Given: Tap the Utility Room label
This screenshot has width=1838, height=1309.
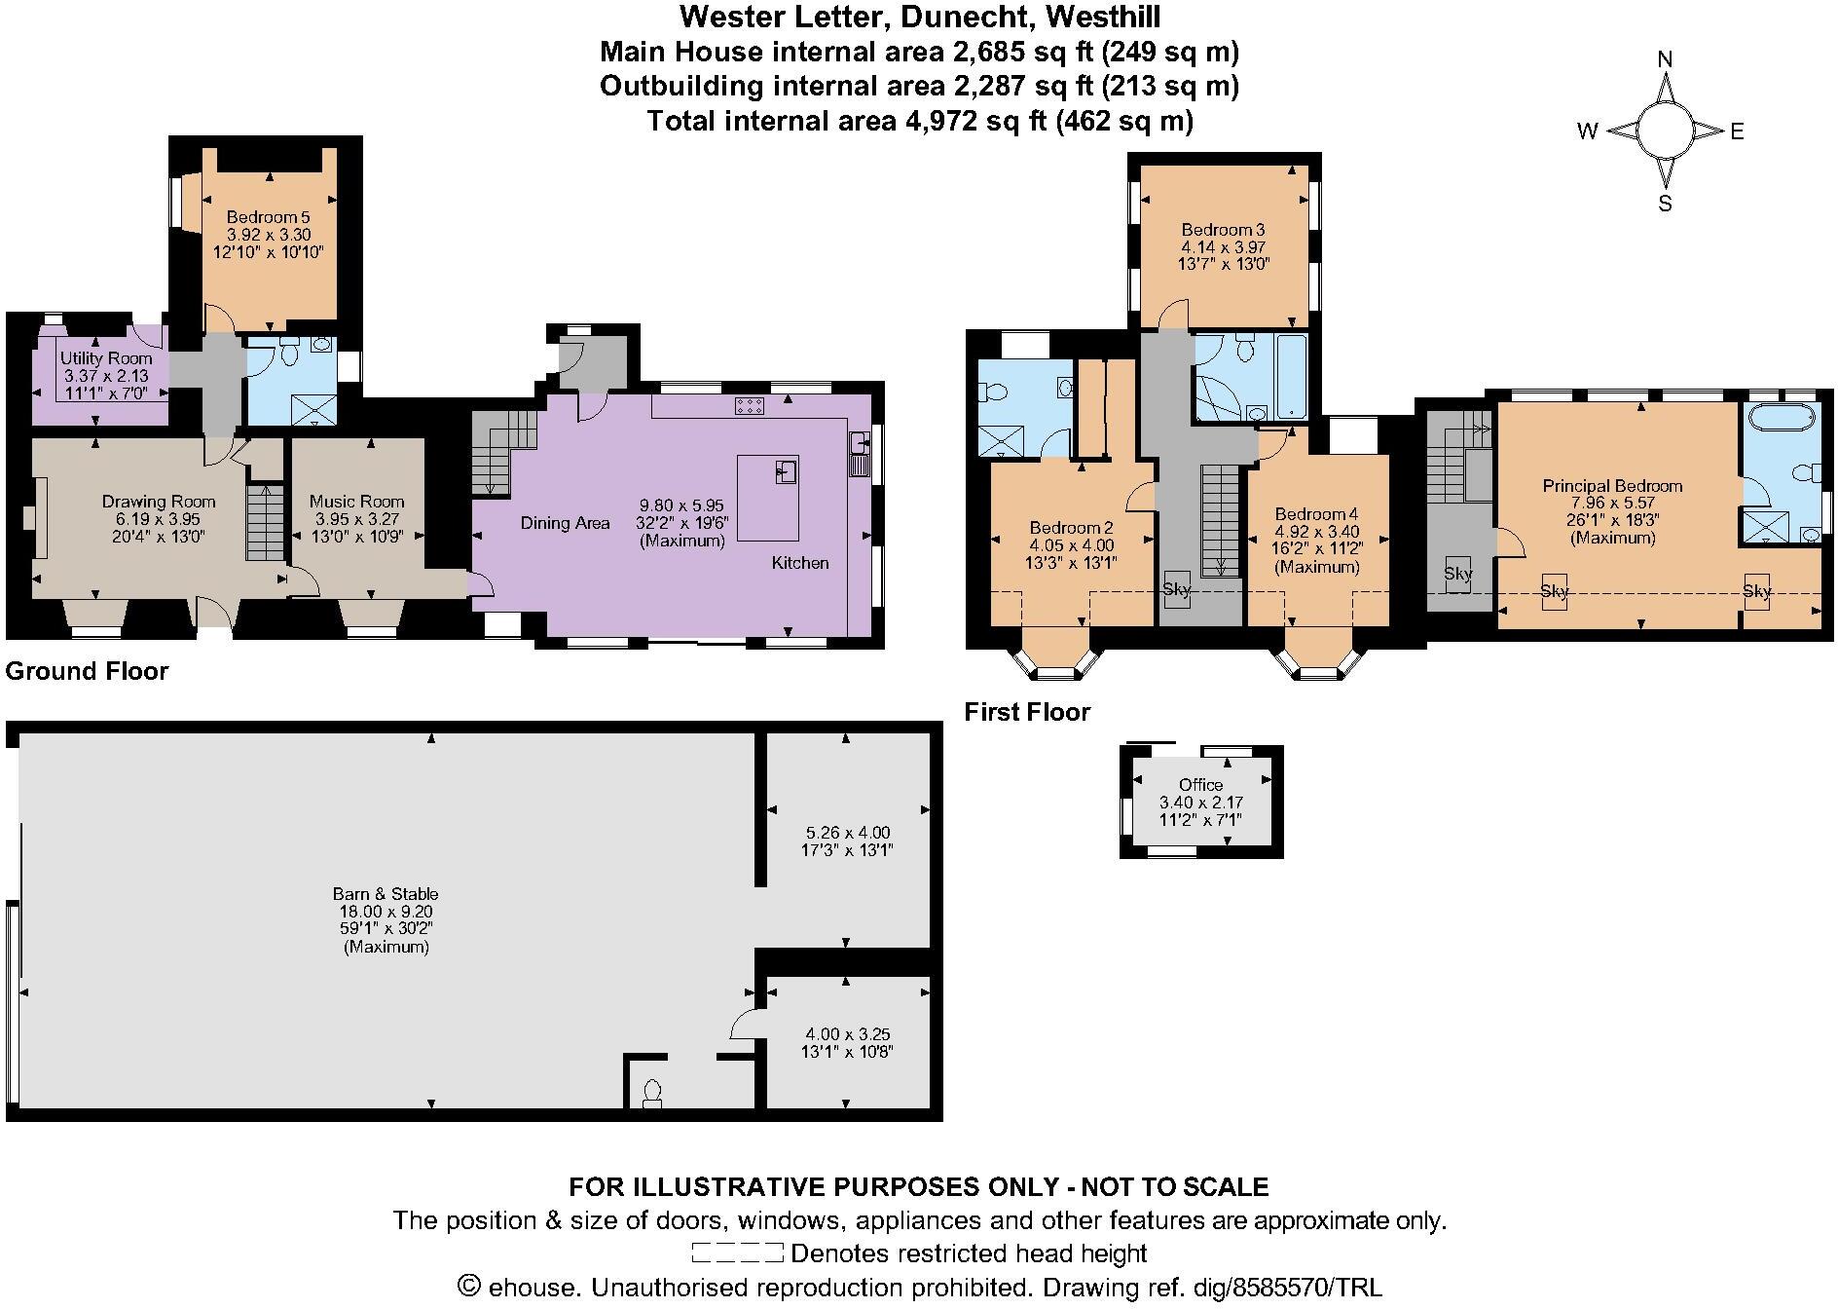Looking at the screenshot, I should click(106, 358).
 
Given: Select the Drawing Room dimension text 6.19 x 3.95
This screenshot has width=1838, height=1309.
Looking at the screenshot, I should click(159, 519).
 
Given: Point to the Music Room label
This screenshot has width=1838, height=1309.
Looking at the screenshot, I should click(356, 502).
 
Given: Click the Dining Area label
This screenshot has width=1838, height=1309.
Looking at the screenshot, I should click(565, 523).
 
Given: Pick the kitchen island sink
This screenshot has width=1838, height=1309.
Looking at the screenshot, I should click(786, 472).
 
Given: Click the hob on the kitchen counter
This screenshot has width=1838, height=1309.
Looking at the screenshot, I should click(749, 407).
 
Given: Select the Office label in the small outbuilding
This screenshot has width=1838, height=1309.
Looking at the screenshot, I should click(1200, 785).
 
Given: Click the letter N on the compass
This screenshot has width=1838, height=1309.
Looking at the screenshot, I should click(1665, 59).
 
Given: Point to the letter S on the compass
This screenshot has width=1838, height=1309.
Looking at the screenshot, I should click(1665, 204).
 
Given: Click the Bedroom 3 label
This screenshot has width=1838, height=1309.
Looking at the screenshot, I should click(1223, 230).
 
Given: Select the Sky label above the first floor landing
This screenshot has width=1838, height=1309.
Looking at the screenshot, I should click(1176, 589).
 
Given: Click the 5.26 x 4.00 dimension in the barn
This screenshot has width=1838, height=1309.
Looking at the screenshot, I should click(847, 833).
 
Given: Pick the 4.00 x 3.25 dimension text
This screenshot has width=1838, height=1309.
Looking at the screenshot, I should click(847, 1034).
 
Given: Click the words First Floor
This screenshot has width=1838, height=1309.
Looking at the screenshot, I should click(1027, 712).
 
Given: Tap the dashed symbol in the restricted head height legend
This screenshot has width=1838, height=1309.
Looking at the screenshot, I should click(737, 1253).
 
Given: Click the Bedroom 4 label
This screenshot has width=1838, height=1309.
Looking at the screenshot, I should click(1316, 514).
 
